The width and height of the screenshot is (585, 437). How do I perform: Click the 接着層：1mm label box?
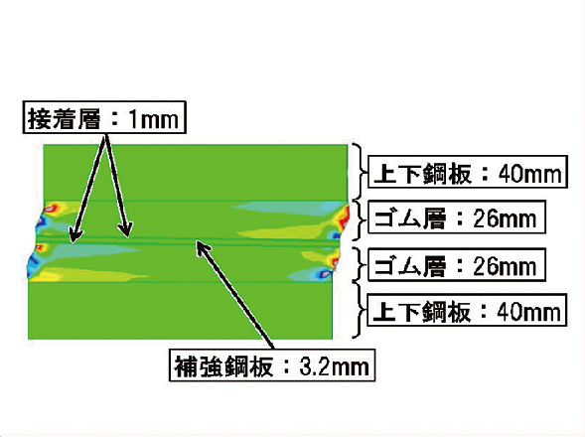pos(104,117)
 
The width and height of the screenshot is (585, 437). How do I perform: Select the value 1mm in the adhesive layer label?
pos(153,120)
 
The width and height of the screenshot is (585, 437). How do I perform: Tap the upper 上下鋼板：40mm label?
pos(468,172)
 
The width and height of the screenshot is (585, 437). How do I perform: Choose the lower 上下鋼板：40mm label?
pos(467,310)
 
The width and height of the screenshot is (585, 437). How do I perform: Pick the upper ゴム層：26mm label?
pos(457,218)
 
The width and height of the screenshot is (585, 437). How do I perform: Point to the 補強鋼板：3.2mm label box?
pos(272,364)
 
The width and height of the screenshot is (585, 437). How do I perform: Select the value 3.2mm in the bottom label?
pos(334,366)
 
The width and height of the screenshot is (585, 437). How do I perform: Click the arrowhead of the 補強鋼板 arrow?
pos(202,247)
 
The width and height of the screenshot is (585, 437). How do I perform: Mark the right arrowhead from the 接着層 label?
pos(126,230)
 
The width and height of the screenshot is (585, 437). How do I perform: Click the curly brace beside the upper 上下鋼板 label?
pos(360,172)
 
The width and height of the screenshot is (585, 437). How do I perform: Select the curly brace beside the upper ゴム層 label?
pos(358,219)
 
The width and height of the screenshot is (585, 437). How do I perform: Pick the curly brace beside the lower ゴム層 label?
pos(359,265)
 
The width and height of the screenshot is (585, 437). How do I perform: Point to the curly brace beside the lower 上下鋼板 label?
pos(359,311)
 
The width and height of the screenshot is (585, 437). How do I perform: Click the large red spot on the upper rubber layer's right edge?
pos(344,218)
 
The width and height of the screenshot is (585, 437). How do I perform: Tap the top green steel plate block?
pos(196,173)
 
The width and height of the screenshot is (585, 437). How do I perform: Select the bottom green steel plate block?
pos(181,310)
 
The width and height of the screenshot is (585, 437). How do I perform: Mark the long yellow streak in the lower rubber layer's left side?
pos(89,275)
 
